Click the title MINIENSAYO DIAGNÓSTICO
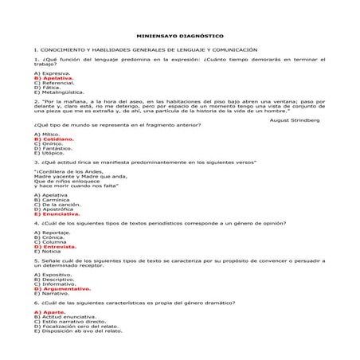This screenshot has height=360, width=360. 179,36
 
